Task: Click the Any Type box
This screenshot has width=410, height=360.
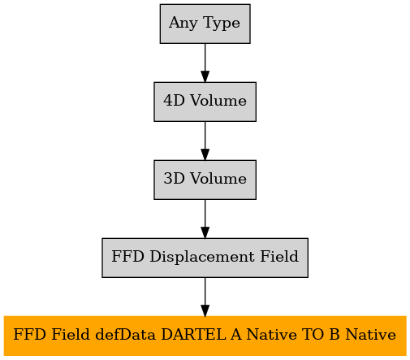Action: pos(205,24)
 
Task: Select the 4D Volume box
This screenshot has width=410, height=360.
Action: pos(205,102)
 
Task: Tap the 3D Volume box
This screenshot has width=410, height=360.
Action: pos(205,180)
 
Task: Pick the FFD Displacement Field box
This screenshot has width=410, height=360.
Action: pos(205,258)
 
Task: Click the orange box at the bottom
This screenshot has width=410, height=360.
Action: pos(205,336)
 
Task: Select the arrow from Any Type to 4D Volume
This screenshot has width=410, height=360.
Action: pos(205,63)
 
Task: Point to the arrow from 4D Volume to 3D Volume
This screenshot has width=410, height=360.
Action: pos(205,141)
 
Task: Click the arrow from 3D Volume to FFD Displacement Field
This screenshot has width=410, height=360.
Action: pos(205,219)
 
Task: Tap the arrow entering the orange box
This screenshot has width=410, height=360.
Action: pos(205,297)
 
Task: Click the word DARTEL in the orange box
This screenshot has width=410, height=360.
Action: pos(193,334)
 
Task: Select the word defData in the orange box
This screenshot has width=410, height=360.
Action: pos(126,335)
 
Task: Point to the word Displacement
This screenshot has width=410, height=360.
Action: pos(202,257)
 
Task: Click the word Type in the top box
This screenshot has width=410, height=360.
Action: pos(222,23)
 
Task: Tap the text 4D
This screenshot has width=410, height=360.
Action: pos(174,101)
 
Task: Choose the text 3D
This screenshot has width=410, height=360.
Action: pos(174,179)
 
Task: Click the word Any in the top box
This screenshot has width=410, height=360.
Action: pos(183,23)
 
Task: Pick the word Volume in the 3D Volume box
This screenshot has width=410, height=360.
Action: pos(218,179)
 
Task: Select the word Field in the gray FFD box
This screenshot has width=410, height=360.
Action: pos(279,256)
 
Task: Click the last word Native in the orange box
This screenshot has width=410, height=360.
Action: pos(371,334)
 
